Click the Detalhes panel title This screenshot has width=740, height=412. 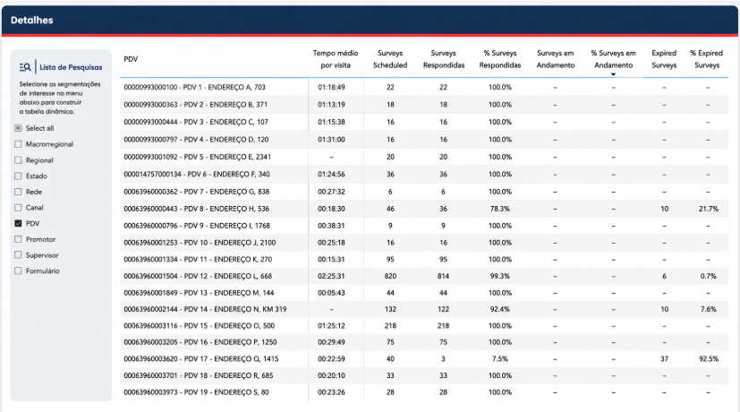click(31, 21)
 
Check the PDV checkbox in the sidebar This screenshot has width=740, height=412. click(18, 224)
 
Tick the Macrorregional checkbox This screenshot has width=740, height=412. click(18, 144)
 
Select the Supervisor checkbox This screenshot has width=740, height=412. click(18, 255)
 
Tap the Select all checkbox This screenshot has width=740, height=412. click(18, 128)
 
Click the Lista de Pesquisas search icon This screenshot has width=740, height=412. click(25, 67)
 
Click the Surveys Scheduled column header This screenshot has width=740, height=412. click(390, 59)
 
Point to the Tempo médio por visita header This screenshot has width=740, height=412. click(336, 59)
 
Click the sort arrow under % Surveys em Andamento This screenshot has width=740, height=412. click(613, 74)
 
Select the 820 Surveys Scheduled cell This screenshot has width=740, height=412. click(390, 276)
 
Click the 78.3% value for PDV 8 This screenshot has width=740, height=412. click(500, 209)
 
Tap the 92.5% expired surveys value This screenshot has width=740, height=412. click(709, 358)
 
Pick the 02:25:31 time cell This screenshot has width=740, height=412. click(331, 276)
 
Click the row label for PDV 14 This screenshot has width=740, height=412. click(205, 309)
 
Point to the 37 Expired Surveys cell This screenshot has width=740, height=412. click(665, 358)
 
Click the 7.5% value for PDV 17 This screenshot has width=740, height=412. click(500, 358)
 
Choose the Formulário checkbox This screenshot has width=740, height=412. click(18, 270)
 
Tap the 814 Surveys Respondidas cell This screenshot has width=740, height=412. click(443, 276)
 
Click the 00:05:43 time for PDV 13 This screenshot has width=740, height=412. click(331, 293)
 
